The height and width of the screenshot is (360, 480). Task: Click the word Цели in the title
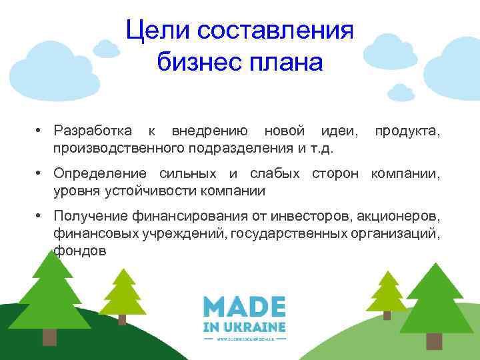tap(151, 30)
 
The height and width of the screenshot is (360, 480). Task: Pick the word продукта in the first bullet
tap(407, 129)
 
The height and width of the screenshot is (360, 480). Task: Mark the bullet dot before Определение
tap(40, 174)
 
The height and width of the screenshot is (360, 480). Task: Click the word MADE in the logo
tap(245, 307)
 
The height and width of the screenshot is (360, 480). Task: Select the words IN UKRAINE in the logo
tap(245, 327)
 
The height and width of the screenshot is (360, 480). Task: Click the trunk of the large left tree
tap(50, 336)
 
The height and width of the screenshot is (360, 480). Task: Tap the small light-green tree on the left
tap(122, 293)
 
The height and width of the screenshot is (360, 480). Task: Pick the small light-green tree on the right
tap(387, 293)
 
